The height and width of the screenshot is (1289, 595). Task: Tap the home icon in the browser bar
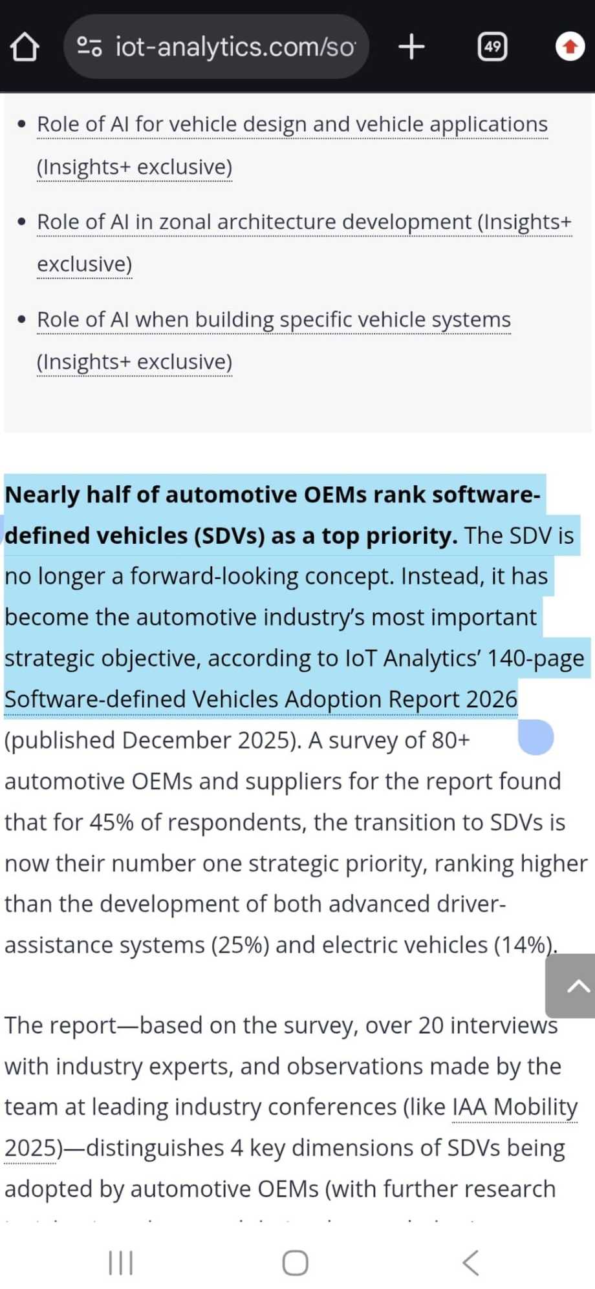pos(25,47)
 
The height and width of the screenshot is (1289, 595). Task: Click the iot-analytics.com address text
pos(234,47)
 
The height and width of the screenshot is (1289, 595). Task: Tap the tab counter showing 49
pos(492,47)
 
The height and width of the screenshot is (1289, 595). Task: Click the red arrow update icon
pos(570,47)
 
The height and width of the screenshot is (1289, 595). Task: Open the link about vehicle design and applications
pos(292,124)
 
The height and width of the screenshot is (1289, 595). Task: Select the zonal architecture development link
pos(304,222)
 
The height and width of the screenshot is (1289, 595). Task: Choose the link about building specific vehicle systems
pos(274,319)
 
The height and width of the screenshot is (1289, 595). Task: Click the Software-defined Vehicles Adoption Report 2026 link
pos(261,699)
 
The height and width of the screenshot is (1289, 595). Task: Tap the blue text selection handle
pos(535,737)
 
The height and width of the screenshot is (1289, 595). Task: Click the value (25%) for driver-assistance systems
pos(239,945)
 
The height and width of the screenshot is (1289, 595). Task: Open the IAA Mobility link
pos(514,1107)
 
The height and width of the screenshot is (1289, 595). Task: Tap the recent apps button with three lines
pos(121,1262)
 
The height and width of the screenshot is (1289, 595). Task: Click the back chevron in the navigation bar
pos(471,1262)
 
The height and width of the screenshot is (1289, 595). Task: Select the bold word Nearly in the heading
pos(42,495)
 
